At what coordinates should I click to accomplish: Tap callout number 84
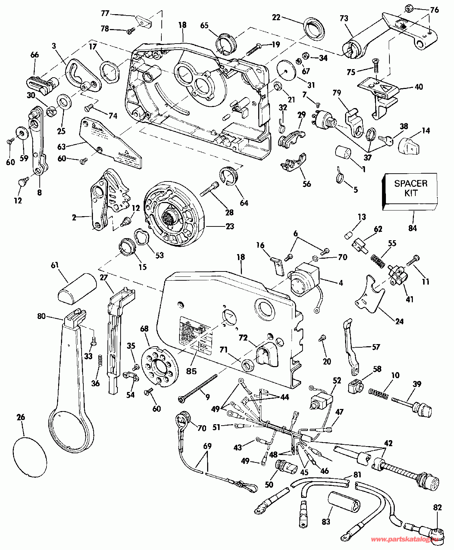pyautogui.click(x=412, y=228)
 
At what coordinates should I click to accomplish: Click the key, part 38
pyautogui.click(x=385, y=139)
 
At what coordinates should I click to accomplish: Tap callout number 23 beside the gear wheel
pyautogui.click(x=230, y=226)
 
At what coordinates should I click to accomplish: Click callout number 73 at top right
pyautogui.click(x=344, y=18)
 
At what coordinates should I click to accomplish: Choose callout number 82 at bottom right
pyautogui.click(x=437, y=507)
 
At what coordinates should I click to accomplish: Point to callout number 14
pyautogui.click(x=426, y=131)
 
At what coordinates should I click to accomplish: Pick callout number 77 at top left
pyautogui.click(x=105, y=13)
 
